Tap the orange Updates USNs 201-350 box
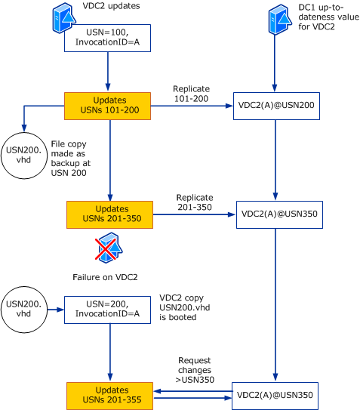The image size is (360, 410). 110,214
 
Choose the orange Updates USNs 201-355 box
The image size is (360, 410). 110,395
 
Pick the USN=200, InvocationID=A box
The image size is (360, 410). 110,309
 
